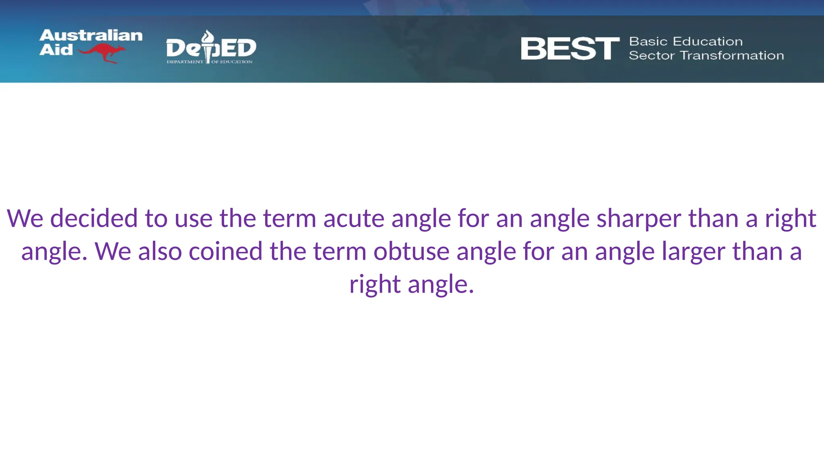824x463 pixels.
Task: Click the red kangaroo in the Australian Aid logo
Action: (x=103, y=53)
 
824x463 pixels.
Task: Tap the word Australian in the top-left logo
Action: (x=91, y=35)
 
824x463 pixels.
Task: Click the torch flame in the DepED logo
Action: (x=208, y=37)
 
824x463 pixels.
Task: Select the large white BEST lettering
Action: (x=570, y=49)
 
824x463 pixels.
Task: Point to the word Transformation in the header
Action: (x=732, y=55)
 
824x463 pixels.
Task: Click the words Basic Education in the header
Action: (x=686, y=41)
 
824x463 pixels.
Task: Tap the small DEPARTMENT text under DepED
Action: (x=185, y=62)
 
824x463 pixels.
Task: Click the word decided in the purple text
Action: (x=94, y=218)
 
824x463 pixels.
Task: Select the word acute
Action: (x=354, y=218)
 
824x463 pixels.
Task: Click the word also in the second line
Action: (x=160, y=251)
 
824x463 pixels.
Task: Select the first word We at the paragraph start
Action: (x=25, y=218)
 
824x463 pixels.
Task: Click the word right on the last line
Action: (x=375, y=285)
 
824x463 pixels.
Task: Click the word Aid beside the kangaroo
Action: (x=56, y=50)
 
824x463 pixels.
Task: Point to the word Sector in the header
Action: (x=651, y=55)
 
